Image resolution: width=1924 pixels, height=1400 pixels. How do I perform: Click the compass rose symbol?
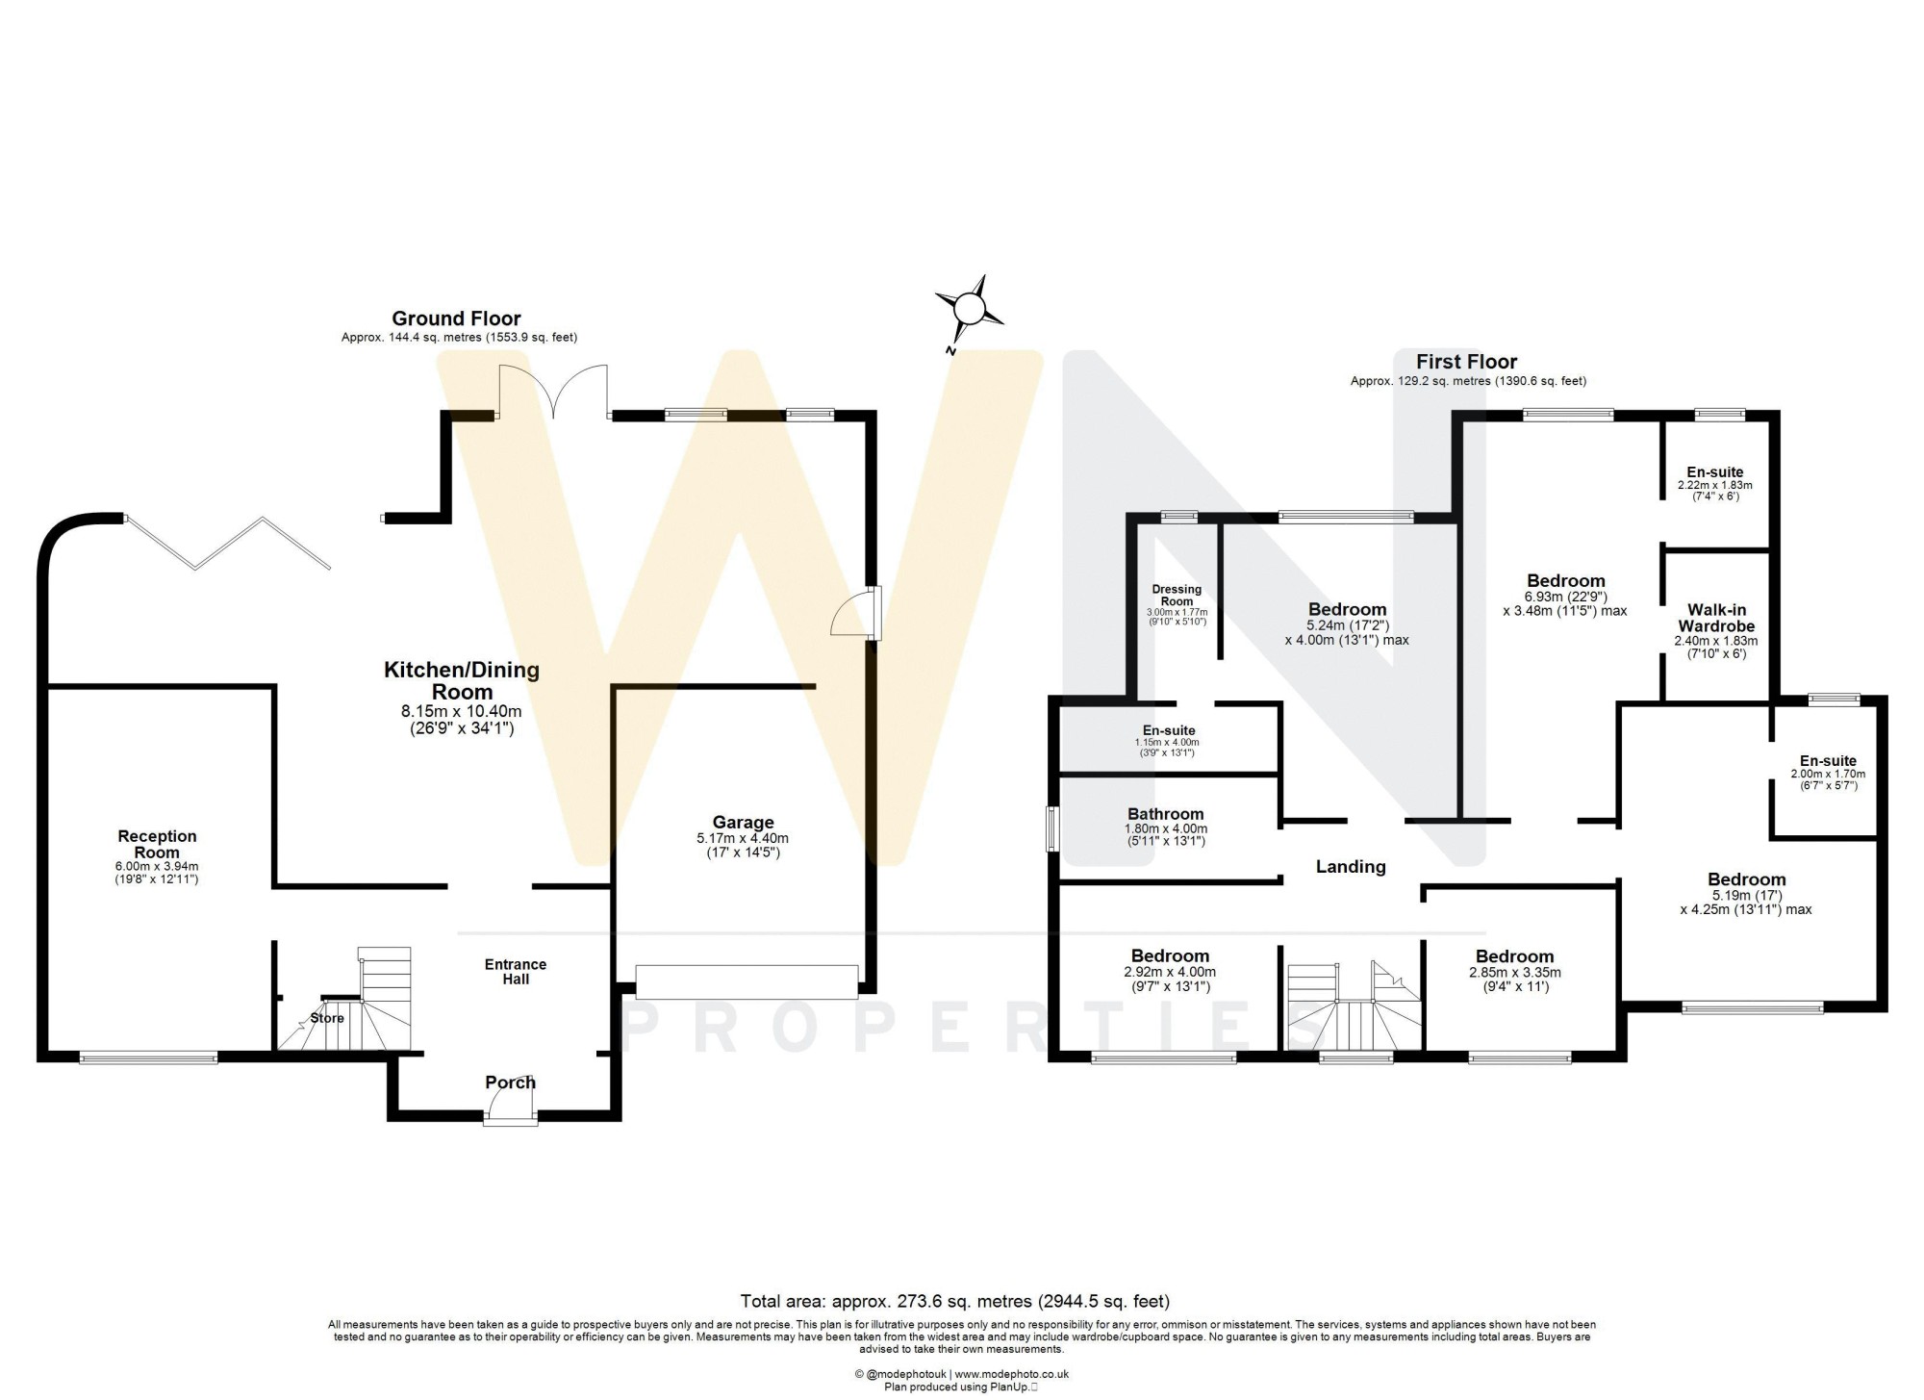point(970,309)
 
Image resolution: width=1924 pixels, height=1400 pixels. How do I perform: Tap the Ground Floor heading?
point(456,318)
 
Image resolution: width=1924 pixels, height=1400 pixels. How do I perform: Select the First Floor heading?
point(1466,362)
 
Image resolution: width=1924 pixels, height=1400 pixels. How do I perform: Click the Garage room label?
point(743,823)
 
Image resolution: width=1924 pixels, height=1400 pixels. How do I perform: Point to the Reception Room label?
point(157,845)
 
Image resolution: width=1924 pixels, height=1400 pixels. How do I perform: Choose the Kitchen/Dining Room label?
point(462,681)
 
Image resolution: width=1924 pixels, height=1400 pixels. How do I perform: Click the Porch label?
point(510,1082)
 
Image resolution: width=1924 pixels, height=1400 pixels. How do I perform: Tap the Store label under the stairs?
point(327,1018)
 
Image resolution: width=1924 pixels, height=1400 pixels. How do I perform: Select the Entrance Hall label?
point(515,972)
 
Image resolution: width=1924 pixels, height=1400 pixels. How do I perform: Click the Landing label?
point(1351,867)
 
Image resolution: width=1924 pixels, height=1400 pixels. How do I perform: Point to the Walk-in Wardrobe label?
point(1717,618)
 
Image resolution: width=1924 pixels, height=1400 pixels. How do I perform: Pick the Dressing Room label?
point(1177,596)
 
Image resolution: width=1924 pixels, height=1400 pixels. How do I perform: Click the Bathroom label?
point(1166,814)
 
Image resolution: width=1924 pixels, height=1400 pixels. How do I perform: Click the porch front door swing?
point(511,1112)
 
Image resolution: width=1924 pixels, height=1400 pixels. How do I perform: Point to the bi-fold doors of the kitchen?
point(228,544)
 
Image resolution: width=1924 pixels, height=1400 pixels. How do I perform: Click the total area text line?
point(954,1302)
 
